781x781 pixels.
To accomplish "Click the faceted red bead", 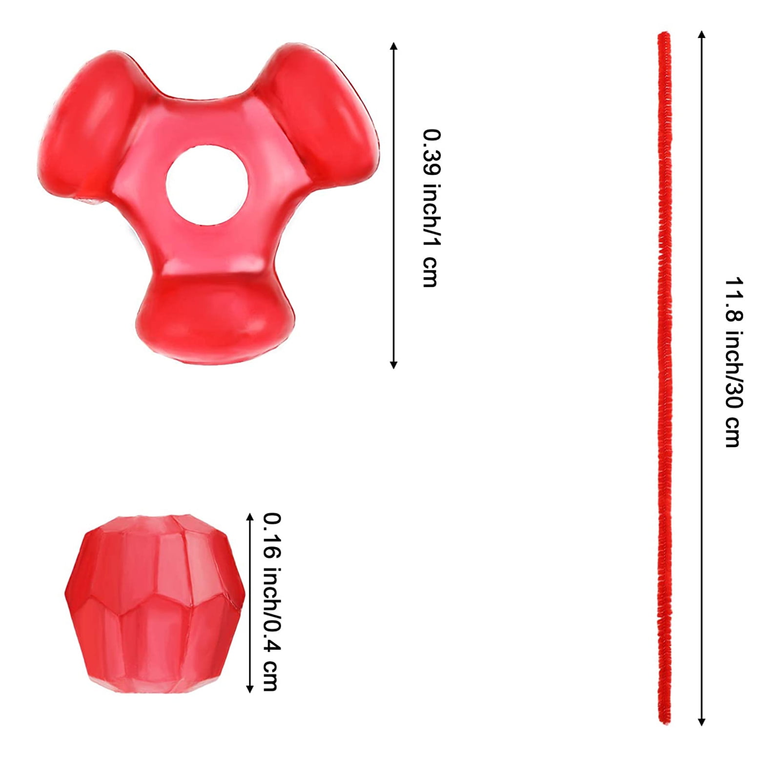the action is point(155,603).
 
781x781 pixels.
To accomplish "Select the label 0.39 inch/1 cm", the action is point(432,208).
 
